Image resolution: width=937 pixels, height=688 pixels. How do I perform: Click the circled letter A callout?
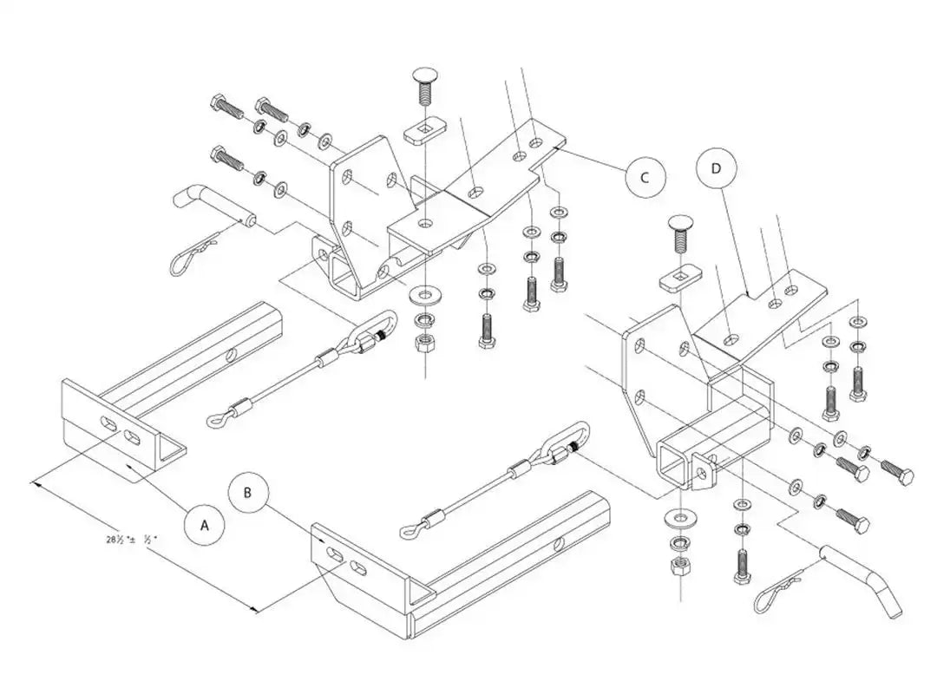tap(205, 525)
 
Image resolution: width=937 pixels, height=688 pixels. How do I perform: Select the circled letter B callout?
tap(247, 493)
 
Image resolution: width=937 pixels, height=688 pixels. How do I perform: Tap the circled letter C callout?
tap(645, 177)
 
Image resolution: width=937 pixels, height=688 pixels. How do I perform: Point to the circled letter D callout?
tap(716, 168)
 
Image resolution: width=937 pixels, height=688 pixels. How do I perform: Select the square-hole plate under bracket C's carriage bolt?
tap(423, 134)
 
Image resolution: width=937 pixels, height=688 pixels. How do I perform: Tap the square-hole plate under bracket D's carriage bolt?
tap(679, 279)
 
